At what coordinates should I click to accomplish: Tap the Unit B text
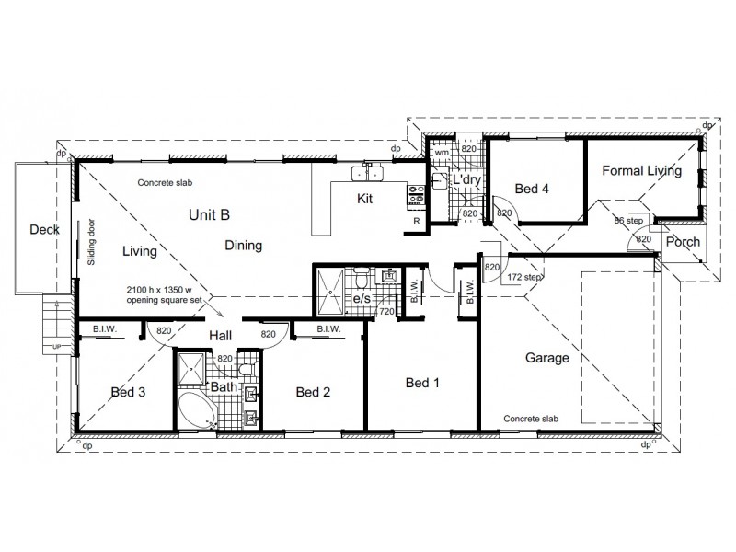pyautogui.click(x=209, y=214)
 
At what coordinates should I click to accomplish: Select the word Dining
pyautogui.click(x=244, y=246)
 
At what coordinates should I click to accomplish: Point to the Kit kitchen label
pyautogui.click(x=365, y=198)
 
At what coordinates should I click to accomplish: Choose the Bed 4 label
pyautogui.click(x=532, y=190)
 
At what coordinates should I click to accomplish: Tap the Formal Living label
pyautogui.click(x=641, y=171)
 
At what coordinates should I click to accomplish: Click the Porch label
pyautogui.click(x=682, y=242)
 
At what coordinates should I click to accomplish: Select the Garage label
pyautogui.click(x=546, y=358)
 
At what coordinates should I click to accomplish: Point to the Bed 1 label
pyautogui.click(x=420, y=382)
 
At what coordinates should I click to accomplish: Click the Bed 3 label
pyautogui.click(x=129, y=392)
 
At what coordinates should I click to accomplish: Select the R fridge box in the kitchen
pyautogui.click(x=416, y=222)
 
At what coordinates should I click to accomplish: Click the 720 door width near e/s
pyautogui.click(x=387, y=313)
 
